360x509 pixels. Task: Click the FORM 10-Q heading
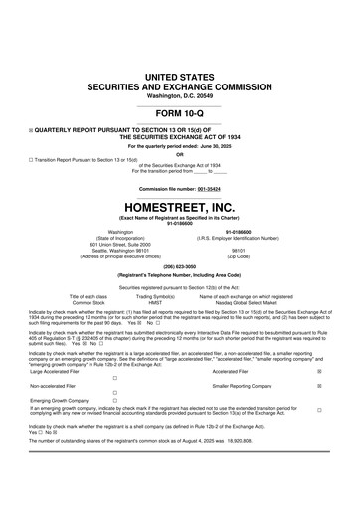click(179, 141)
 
